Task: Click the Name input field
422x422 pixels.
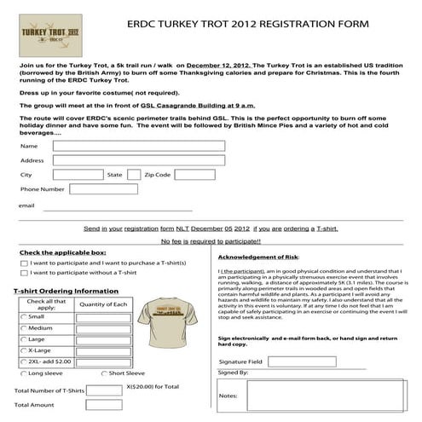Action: click(x=139, y=146)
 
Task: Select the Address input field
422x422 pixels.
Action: click(x=139, y=159)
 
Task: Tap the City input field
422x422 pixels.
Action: click(x=75, y=174)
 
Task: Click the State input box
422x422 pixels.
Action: click(x=134, y=174)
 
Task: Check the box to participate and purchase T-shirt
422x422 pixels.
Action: click(x=23, y=263)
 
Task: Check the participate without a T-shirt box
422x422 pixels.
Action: click(x=23, y=273)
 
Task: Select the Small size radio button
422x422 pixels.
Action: click(x=23, y=316)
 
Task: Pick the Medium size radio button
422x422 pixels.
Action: click(x=23, y=327)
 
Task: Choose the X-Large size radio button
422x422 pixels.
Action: click(x=23, y=350)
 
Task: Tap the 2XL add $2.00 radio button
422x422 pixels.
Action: click(x=23, y=361)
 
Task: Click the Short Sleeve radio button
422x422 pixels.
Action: click(x=104, y=373)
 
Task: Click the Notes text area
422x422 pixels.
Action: click(x=330, y=396)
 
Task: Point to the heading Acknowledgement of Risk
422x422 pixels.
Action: click(x=258, y=257)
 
